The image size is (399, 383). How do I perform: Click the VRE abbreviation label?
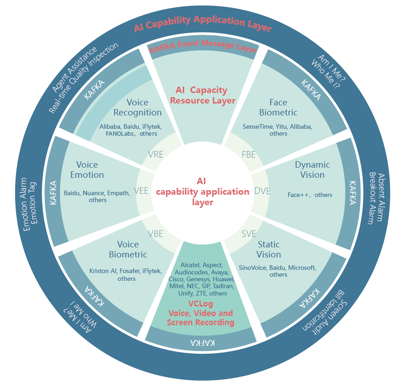[156, 154]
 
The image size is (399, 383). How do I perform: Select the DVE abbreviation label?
[262, 191]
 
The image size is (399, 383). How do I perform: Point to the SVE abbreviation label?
[249, 234]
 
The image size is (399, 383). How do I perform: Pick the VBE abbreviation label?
[155, 234]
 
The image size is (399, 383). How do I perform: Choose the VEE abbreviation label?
[141, 191]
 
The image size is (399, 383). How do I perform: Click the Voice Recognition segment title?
[137, 107]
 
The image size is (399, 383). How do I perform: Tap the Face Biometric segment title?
[278, 107]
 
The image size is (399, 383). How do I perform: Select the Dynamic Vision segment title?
[312, 170]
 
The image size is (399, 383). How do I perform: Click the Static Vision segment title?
[268, 249]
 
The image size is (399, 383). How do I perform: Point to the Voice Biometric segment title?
[128, 249]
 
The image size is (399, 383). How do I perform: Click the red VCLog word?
[200, 304]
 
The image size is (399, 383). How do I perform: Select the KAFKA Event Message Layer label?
[203, 46]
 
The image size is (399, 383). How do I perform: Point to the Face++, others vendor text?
[310, 195]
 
